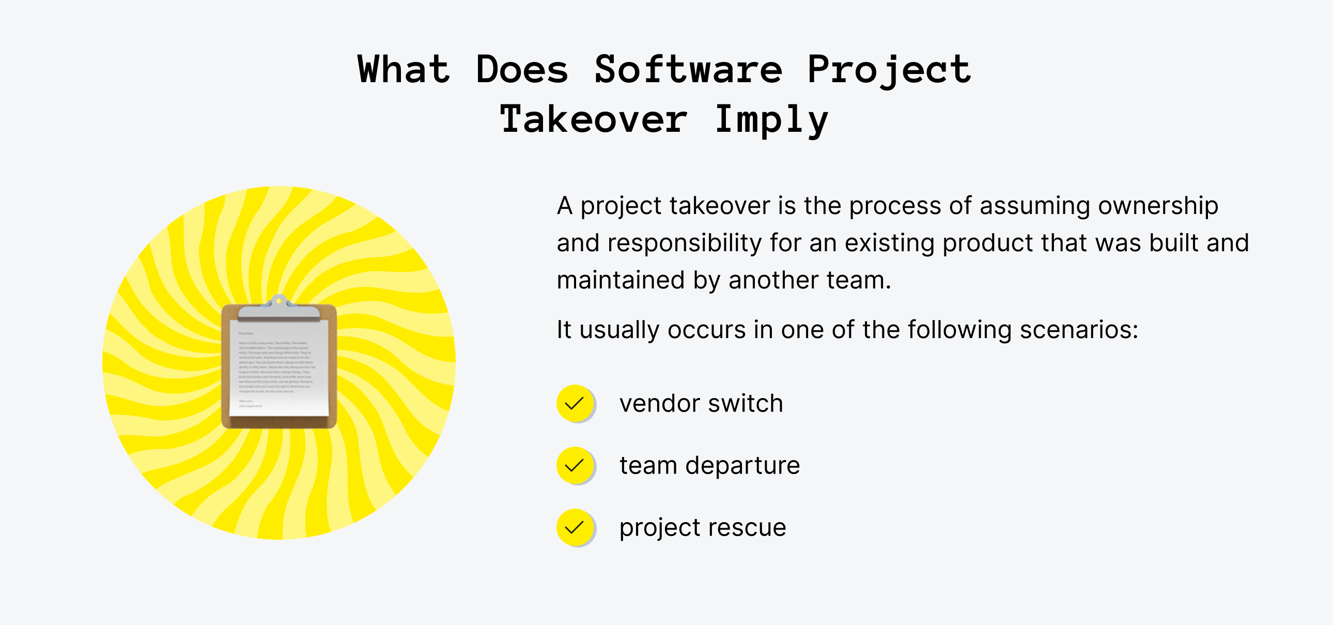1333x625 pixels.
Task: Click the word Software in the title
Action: point(688,70)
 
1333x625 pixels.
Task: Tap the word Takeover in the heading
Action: point(593,119)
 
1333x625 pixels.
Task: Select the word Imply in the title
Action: point(771,119)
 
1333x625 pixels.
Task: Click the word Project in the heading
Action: point(889,70)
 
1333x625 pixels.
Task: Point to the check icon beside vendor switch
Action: point(575,403)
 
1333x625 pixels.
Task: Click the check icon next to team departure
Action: point(575,465)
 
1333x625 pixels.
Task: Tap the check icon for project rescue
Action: point(575,527)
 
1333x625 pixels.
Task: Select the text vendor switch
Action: point(701,403)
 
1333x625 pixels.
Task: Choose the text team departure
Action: point(709,465)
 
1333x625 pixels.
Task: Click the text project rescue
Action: point(703,528)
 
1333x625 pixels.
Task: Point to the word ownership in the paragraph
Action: point(1158,206)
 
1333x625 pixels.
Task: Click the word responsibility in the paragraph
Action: point(684,243)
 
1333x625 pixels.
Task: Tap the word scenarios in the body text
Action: point(1078,330)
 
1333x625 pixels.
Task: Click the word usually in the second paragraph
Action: point(619,330)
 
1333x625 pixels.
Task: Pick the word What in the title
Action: point(404,70)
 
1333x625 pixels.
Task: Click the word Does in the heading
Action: point(522,70)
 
